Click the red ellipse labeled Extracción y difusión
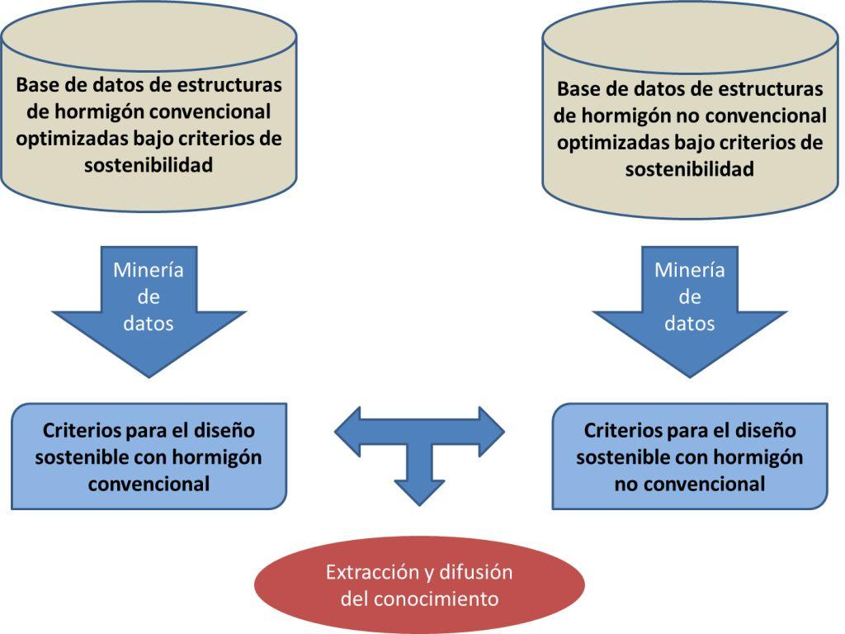(x=418, y=584)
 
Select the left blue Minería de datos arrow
(x=149, y=314)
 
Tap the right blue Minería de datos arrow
(x=690, y=314)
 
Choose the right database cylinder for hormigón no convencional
(x=690, y=116)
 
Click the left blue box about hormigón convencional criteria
(x=149, y=457)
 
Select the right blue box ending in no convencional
(x=690, y=457)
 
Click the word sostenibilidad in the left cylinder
(x=149, y=165)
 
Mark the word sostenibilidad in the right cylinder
(x=690, y=169)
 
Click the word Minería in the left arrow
(x=149, y=270)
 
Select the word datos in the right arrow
(x=690, y=324)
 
